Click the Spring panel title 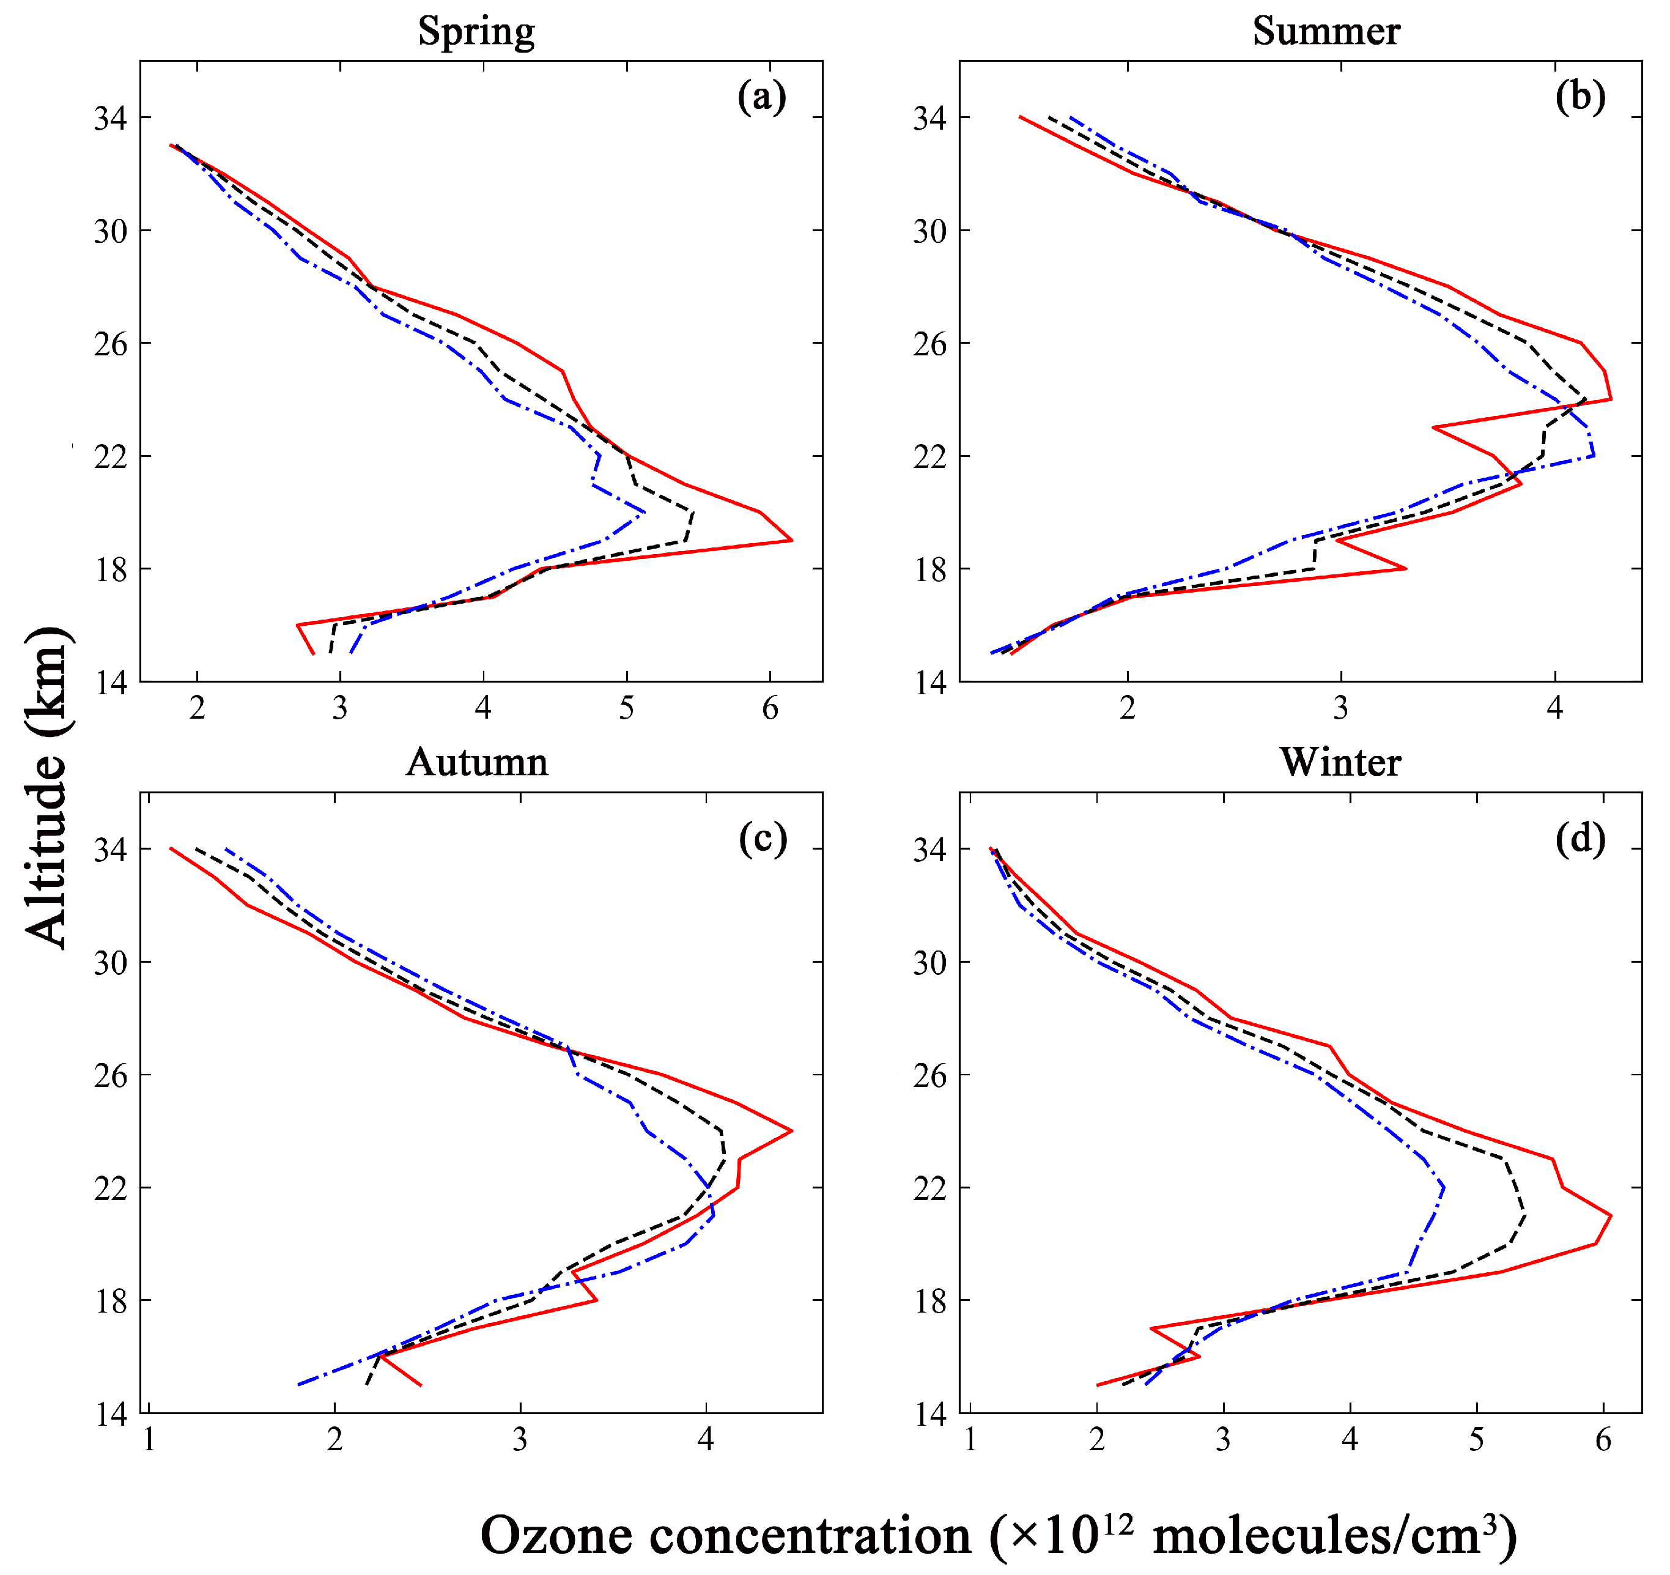(x=476, y=32)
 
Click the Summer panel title (x=1326, y=32)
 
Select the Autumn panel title (x=477, y=762)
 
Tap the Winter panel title (x=1340, y=762)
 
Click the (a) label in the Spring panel (x=762, y=97)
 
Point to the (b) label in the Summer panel (x=1580, y=97)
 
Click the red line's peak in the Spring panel (x=791, y=541)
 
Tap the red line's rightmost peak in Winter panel (x=1610, y=1215)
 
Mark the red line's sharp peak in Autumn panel (x=791, y=1131)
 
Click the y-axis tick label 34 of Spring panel (x=111, y=119)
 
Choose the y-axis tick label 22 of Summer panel (x=931, y=457)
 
